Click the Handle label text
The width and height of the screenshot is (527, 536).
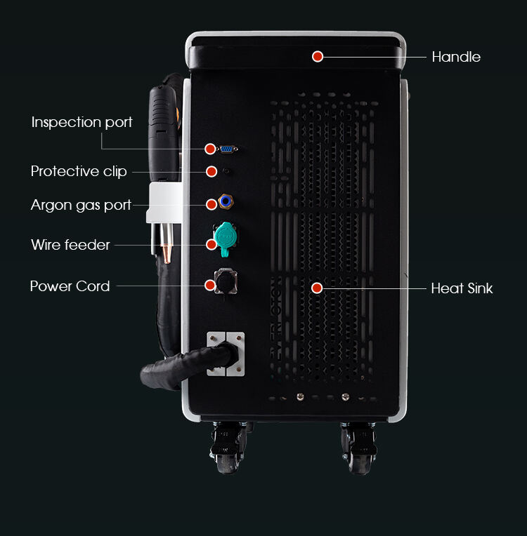click(x=456, y=57)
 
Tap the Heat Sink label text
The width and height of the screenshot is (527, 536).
click(x=462, y=288)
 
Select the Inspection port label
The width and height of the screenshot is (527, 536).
click(x=82, y=122)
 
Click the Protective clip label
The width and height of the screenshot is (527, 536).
click(x=79, y=171)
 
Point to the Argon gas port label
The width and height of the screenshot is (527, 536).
click(x=81, y=205)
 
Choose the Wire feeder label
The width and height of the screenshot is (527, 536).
click(x=70, y=245)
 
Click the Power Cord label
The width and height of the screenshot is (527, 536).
click(x=70, y=286)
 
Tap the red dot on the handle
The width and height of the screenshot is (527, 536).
click(x=318, y=56)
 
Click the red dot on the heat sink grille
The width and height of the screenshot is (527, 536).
click(x=317, y=288)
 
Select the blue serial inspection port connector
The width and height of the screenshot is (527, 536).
click(x=227, y=149)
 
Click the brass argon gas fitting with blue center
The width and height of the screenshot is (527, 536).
click(x=226, y=201)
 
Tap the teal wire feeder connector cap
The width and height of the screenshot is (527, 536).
click(x=226, y=238)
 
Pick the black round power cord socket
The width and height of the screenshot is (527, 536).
click(x=226, y=281)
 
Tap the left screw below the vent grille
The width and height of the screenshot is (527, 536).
click(x=300, y=396)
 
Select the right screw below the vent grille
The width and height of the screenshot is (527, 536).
click(x=346, y=396)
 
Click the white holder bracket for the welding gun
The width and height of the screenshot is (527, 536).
click(x=164, y=203)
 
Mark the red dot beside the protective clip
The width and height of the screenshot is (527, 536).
click(x=212, y=171)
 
